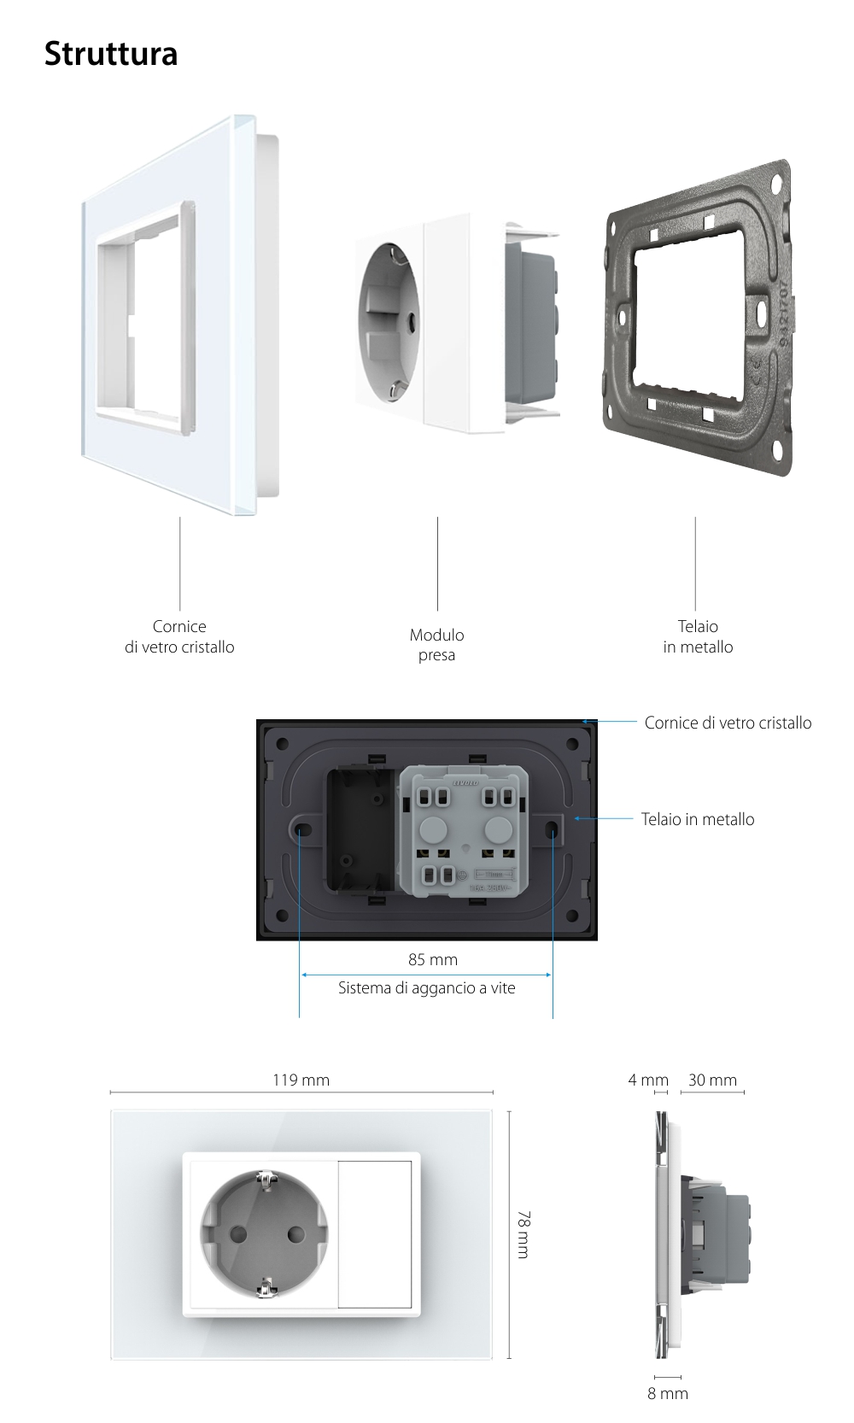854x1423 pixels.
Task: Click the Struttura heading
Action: (111, 54)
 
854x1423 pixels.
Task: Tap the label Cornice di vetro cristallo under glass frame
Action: (179, 637)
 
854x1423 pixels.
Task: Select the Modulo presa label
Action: (436, 645)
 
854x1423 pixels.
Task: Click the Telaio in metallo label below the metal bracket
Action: (698, 637)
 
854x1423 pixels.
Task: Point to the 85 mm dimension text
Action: (433, 960)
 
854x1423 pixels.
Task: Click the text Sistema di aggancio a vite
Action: (426, 988)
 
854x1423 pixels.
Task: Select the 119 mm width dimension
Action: (301, 1080)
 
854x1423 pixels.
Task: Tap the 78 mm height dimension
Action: (524, 1233)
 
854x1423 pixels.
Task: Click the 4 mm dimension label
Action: (647, 1080)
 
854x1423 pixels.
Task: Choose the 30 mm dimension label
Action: (712, 1080)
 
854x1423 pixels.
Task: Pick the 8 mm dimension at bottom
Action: (667, 1394)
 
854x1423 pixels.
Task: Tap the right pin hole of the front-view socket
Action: (296, 1234)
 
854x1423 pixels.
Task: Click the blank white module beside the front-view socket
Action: (375, 1233)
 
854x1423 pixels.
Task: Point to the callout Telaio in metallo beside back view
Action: (698, 820)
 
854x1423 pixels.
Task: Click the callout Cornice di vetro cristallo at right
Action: (728, 723)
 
